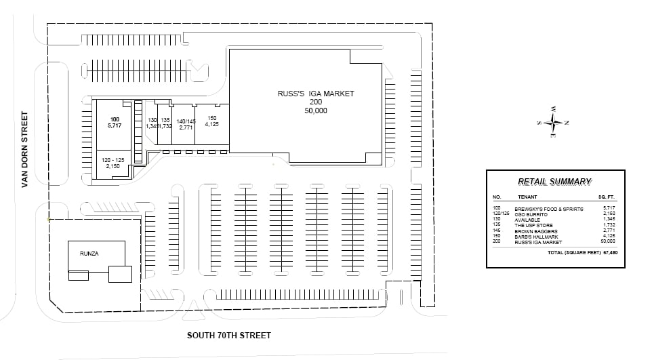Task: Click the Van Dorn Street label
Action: tap(26, 150)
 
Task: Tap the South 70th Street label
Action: tap(229, 336)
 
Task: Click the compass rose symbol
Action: tap(554, 123)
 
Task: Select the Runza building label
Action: tap(89, 254)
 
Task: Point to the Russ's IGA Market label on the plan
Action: tap(316, 94)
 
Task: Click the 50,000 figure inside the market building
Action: tap(316, 110)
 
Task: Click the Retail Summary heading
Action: tap(554, 182)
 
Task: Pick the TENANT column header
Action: tap(527, 197)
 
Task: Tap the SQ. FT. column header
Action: tap(606, 197)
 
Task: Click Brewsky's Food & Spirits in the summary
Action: tap(548, 209)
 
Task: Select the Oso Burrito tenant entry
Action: tap(531, 214)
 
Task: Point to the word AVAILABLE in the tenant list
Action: tap(527, 220)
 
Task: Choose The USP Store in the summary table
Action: tap(533, 225)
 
